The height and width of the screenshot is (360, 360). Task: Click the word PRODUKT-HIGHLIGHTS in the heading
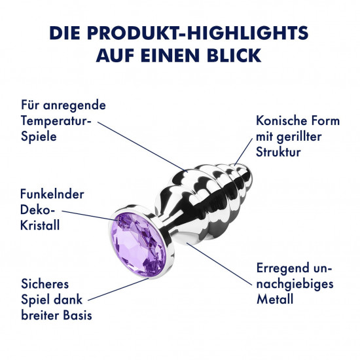click(x=198, y=33)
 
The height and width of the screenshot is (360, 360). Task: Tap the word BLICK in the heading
click(x=234, y=56)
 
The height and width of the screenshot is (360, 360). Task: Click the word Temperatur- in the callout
click(x=56, y=121)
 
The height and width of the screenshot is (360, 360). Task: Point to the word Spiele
click(x=39, y=136)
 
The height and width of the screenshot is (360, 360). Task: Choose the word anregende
click(x=75, y=106)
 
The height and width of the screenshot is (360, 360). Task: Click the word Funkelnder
click(x=52, y=194)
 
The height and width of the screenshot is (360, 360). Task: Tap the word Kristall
click(x=40, y=225)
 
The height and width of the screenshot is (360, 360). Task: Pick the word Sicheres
click(x=45, y=284)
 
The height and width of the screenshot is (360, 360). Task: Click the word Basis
click(x=78, y=315)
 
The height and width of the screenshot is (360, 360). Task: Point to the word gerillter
click(x=299, y=137)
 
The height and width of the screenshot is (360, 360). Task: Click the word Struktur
click(x=278, y=152)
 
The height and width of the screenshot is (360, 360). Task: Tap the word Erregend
click(x=283, y=268)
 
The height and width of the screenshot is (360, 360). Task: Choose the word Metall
click(x=275, y=299)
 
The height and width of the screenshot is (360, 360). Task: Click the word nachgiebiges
click(x=295, y=285)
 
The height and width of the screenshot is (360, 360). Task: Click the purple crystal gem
click(x=138, y=245)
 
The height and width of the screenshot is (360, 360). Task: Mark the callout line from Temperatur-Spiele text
click(x=143, y=147)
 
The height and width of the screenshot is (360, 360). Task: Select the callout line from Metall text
click(x=219, y=264)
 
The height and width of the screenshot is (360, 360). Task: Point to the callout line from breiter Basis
click(x=118, y=289)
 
